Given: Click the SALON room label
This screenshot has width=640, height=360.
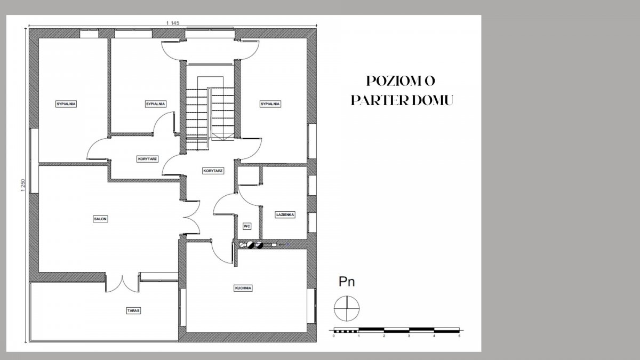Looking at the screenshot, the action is [100, 219].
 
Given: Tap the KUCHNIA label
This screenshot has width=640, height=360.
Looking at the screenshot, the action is [243, 288].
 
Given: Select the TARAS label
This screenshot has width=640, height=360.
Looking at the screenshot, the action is [133, 310].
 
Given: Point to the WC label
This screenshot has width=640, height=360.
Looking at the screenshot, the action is [247, 226].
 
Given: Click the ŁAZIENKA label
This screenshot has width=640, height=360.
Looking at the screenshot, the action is [285, 214].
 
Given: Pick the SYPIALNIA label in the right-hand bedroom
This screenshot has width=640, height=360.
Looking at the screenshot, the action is [270, 103].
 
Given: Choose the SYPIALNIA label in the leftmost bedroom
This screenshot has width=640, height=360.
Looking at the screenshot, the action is [66, 103].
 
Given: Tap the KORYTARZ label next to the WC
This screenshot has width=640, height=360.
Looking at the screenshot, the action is [213, 171].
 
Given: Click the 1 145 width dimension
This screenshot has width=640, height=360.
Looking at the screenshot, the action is [173, 23].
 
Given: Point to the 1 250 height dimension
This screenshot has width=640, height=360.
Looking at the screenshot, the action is [23, 185].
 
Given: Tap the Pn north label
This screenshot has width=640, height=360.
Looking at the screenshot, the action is [347, 282].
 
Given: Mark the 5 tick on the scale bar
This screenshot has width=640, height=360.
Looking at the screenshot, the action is [459, 336].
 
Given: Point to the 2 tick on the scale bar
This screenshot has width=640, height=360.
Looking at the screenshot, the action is [384, 336].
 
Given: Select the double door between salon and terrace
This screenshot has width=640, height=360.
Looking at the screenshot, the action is [122, 283].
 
